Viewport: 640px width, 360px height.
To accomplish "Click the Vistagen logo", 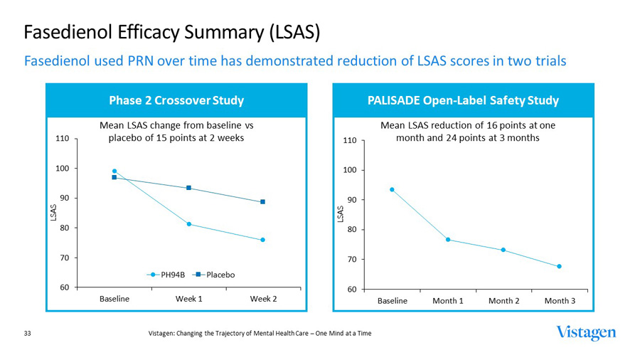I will pos(586,333).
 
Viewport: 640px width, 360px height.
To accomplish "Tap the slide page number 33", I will pos(28,333).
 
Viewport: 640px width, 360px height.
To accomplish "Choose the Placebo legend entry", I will pos(215,275).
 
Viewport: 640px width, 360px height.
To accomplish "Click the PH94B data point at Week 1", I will pos(189,224).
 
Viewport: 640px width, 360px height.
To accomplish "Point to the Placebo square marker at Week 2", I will pos(263,202).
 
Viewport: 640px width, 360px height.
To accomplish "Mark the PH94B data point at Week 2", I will pos(263,240).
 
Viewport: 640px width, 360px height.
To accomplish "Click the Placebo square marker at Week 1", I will pos(189,188).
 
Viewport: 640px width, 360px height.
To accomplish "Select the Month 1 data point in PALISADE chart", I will pos(448,240).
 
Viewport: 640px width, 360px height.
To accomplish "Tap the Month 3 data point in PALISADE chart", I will pos(560,267).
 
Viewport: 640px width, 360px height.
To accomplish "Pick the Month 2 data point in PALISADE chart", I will pos(503,250).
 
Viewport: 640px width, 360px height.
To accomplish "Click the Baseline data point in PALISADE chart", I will pos(392,190).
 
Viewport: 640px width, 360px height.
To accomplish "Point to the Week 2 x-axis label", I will pos(263,299).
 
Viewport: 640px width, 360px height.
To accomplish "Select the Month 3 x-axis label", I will pos(560,301).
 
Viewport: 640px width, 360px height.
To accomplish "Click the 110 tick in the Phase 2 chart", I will pos(62,139).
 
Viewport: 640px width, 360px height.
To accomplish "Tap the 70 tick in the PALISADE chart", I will pos(350,260).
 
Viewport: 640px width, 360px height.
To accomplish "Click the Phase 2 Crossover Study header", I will pos(176,100).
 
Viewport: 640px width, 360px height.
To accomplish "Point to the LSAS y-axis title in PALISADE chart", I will pos(340,212).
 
